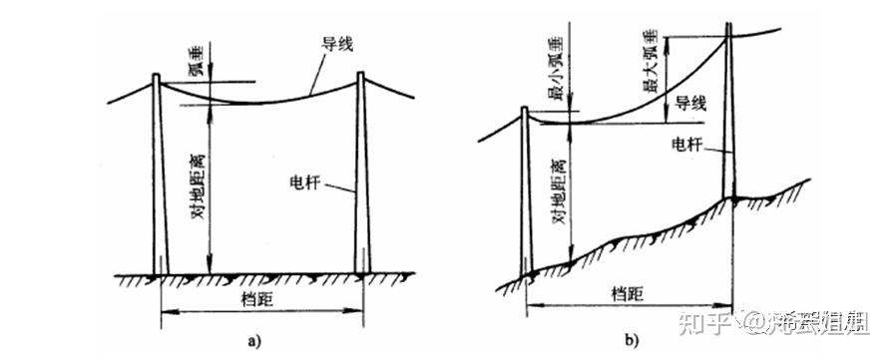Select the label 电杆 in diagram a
[303, 182]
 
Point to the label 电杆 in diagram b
[689, 146]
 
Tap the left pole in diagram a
[159, 180]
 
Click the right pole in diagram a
[363, 180]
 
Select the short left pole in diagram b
[527, 189]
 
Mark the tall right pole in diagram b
[730, 120]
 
